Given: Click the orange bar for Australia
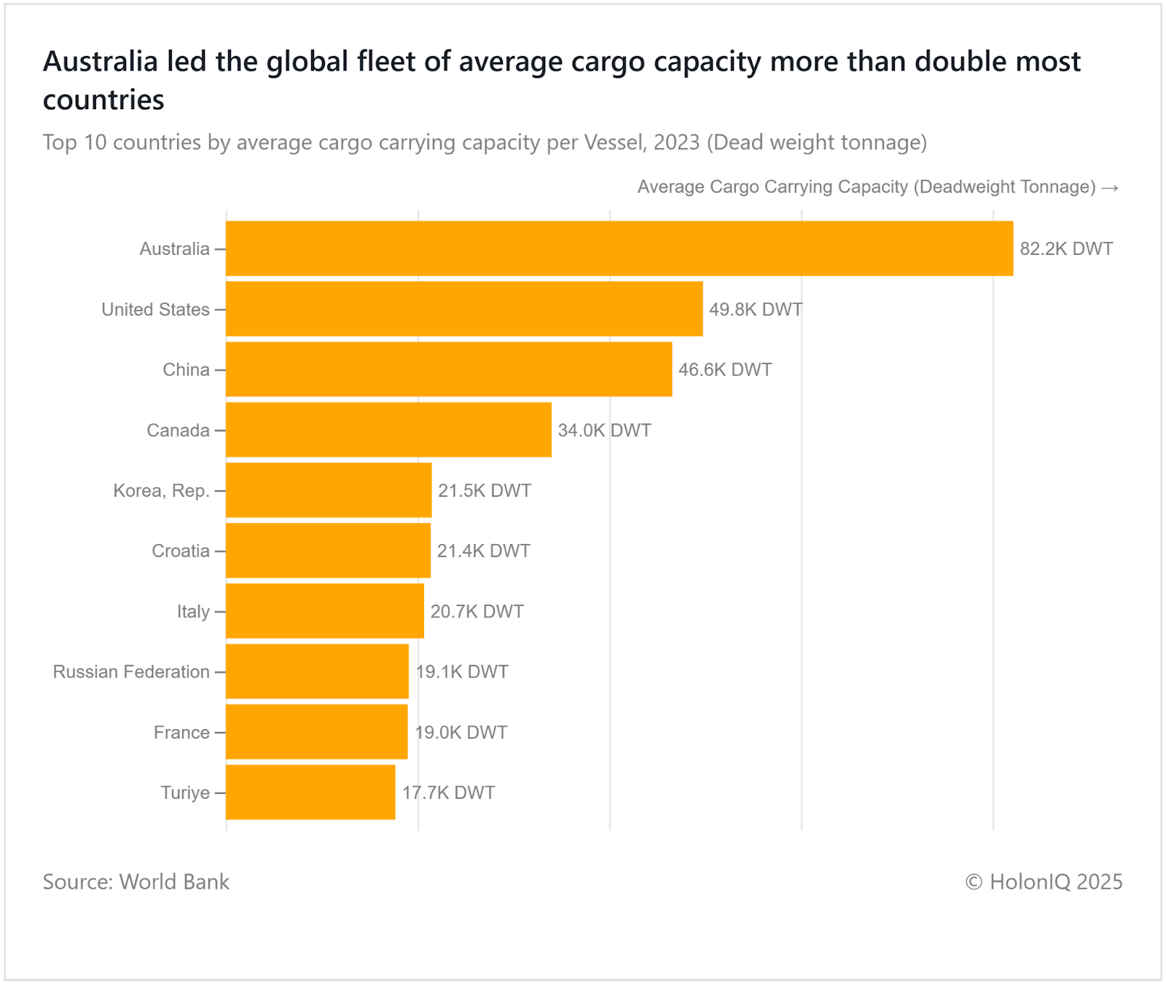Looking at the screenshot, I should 619,248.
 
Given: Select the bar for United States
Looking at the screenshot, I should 464,309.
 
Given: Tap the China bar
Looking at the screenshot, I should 449,369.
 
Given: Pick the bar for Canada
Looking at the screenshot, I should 388,430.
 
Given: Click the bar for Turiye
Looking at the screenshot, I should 310,792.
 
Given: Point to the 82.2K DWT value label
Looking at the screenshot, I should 1066,249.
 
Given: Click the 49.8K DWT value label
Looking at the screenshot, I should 756,310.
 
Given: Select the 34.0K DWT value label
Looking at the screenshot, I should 604,430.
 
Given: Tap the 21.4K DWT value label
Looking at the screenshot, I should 483,551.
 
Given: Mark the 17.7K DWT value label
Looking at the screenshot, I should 448,792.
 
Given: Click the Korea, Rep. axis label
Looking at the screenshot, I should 161,491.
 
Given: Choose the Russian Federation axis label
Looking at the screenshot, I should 131,672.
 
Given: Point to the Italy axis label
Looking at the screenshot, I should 193,612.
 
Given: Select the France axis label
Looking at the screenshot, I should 181,732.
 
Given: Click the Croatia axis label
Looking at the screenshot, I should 181,551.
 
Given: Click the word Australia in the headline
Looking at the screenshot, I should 101,62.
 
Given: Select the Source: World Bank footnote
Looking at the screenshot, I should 136,882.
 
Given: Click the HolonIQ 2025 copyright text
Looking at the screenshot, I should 1044,882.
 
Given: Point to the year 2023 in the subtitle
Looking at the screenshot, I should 676,142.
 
